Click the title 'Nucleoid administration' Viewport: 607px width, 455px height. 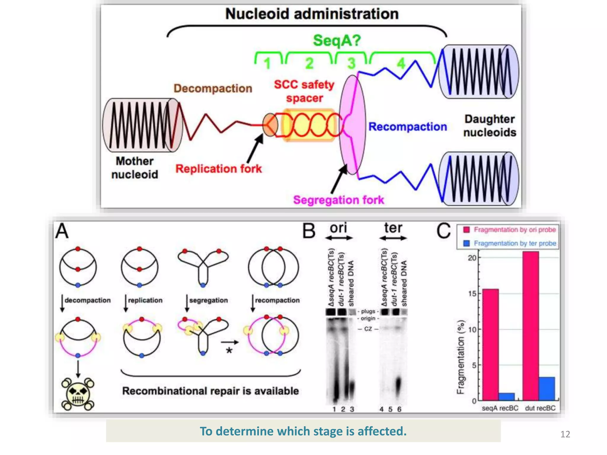click(x=312, y=14)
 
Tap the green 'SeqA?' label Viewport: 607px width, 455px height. click(x=337, y=40)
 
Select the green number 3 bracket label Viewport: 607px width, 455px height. click(x=351, y=63)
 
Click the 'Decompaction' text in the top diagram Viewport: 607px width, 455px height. click(x=213, y=88)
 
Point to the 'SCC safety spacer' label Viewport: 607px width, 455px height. click(x=304, y=91)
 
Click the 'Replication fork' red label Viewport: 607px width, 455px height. click(x=218, y=169)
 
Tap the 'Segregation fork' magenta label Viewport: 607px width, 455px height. click(x=338, y=200)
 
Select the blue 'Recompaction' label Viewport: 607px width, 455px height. click(x=408, y=127)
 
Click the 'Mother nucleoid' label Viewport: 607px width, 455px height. click(x=135, y=168)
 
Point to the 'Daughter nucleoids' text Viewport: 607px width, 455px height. click(x=490, y=126)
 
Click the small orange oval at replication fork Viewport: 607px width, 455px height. click(x=270, y=125)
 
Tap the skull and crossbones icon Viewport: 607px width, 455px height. click(x=78, y=394)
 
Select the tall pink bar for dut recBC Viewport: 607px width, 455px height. click(x=531, y=326)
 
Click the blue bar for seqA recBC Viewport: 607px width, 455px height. click(x=506, y=397)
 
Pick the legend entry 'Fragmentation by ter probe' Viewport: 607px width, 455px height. click(x=515, y=243)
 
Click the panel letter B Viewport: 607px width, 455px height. click(x=309, y=231)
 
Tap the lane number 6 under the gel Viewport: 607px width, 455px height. click(x=399, y=409)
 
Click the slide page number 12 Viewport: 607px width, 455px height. click(x=565, y=434)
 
